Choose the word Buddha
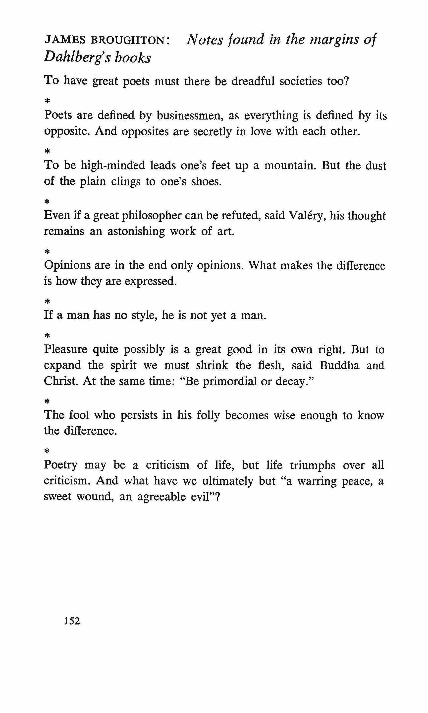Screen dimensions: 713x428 pos(339,365)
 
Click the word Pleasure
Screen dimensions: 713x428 pos(66,349)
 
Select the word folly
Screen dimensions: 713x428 pos(208,415)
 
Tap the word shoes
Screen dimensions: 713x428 pos(206,182)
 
